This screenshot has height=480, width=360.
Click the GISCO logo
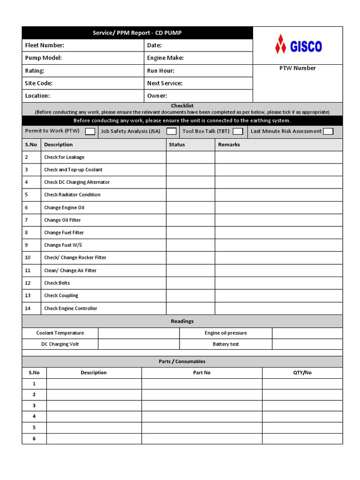(298, 45)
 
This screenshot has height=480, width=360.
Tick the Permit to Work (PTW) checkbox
(90, 132)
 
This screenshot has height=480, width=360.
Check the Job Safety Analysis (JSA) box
(172, 132)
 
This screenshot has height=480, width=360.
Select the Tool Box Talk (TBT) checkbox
(238, 132)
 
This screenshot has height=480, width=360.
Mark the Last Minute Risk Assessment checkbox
(328, 132)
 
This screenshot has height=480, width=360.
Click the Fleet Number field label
(45, 45)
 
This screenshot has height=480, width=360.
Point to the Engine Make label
(165, 58)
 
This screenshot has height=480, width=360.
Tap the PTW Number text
(298, 68)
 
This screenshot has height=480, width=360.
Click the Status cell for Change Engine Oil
(190, 208)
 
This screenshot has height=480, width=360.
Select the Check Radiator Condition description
(72, 195)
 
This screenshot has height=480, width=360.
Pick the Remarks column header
(229, 145)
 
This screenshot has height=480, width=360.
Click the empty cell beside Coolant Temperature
(139, 333)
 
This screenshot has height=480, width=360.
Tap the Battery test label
(225, 345)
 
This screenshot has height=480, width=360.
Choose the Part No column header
(202, 373)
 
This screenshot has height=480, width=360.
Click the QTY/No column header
(302, 373)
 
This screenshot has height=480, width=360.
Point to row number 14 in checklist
(28, 308)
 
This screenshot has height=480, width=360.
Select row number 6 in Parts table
(34, 439)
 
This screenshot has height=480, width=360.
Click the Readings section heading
(182, 322)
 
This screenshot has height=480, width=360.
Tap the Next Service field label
(165, 83)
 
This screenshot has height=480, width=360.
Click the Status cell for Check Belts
(190, 283)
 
